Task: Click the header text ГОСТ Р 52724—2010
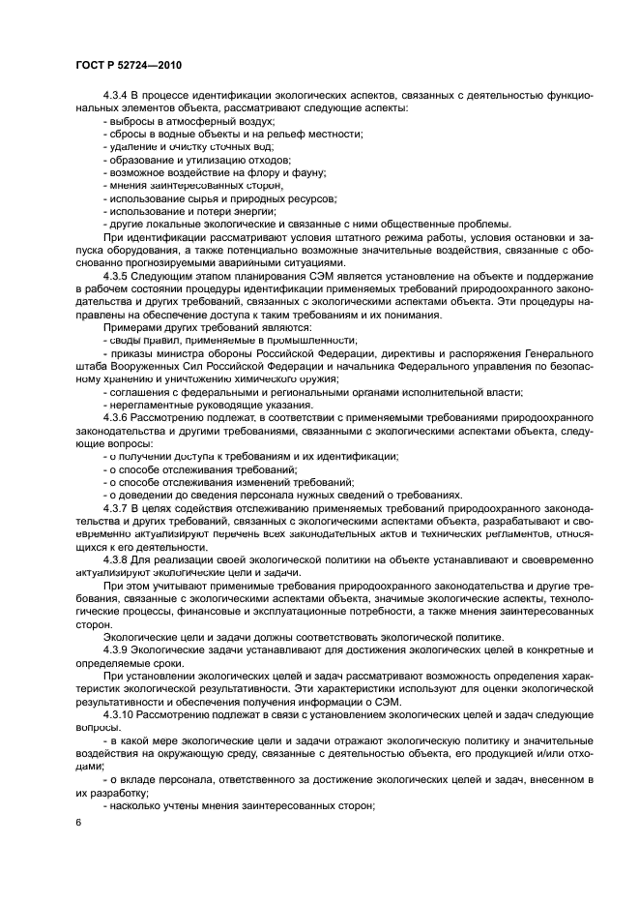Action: tap(126, 64)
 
